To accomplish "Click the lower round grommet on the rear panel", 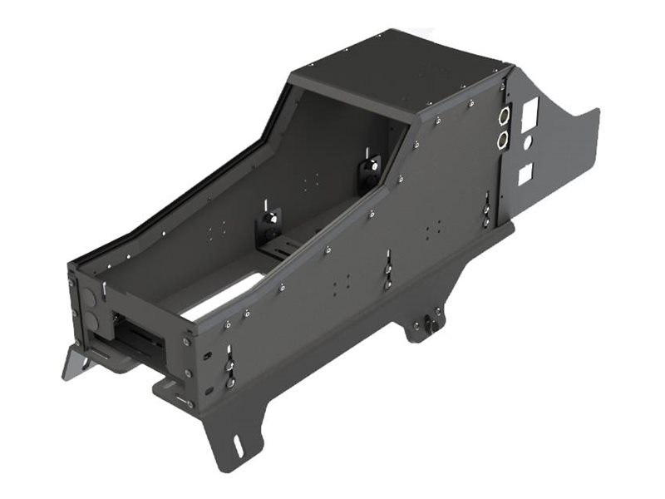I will [x=503, y=140].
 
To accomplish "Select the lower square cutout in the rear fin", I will [x=525, y=174].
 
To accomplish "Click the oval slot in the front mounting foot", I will [x=238, y=447].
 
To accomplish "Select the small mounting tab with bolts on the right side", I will [x=426, y=324].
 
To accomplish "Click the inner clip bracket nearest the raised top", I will [x=370, y=172].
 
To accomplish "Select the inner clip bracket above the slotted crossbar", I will [x=270, y=223].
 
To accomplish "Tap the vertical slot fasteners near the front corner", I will [x=229, y=366].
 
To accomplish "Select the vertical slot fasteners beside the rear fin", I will [x=486, y=208].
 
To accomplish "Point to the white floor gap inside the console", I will [x=218, y=299].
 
